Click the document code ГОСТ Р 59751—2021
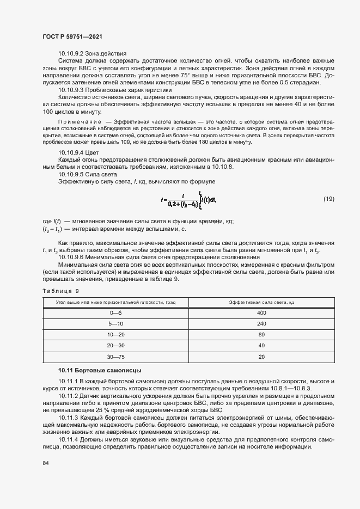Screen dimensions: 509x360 [x=73, y=36]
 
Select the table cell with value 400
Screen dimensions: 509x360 [x=261, y=313]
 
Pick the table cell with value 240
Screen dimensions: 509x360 [x=261, y=324]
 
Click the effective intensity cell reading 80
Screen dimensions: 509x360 [x=261, y=335]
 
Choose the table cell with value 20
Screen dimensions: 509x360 [x=261, y=357]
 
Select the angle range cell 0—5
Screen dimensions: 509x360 [x=116, y=313]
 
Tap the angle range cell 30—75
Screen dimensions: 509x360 [x=116, y=357]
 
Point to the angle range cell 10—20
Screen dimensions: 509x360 [x=116, y=335]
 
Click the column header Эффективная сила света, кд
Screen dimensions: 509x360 [x=261, y=302]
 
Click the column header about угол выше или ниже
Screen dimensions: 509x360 [x=116, y=302]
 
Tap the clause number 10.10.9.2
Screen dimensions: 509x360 [x=71, y=53]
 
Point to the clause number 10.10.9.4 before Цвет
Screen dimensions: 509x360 [x=71, y=153]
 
